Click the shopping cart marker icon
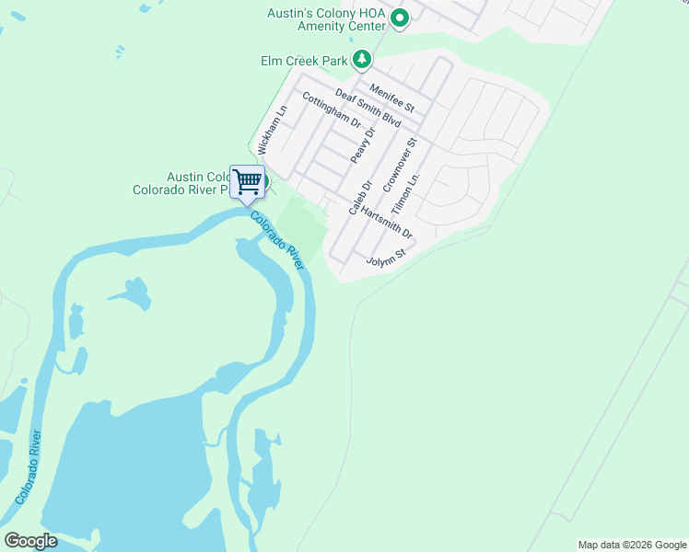tap(247, 181)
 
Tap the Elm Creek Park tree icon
tap(364, 61)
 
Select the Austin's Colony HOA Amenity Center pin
tap(400, 18)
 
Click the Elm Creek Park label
tap(303, 62)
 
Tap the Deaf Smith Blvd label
tap(368, 108)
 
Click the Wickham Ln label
tap(273, 130)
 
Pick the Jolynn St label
tap(387, 255)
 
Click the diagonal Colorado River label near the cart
tap(277, 240)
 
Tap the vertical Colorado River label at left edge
tap(28, 467)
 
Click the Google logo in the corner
tap(30, 541)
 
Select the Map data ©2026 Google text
tap(632, 545)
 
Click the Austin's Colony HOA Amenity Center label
tap(325, 20)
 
